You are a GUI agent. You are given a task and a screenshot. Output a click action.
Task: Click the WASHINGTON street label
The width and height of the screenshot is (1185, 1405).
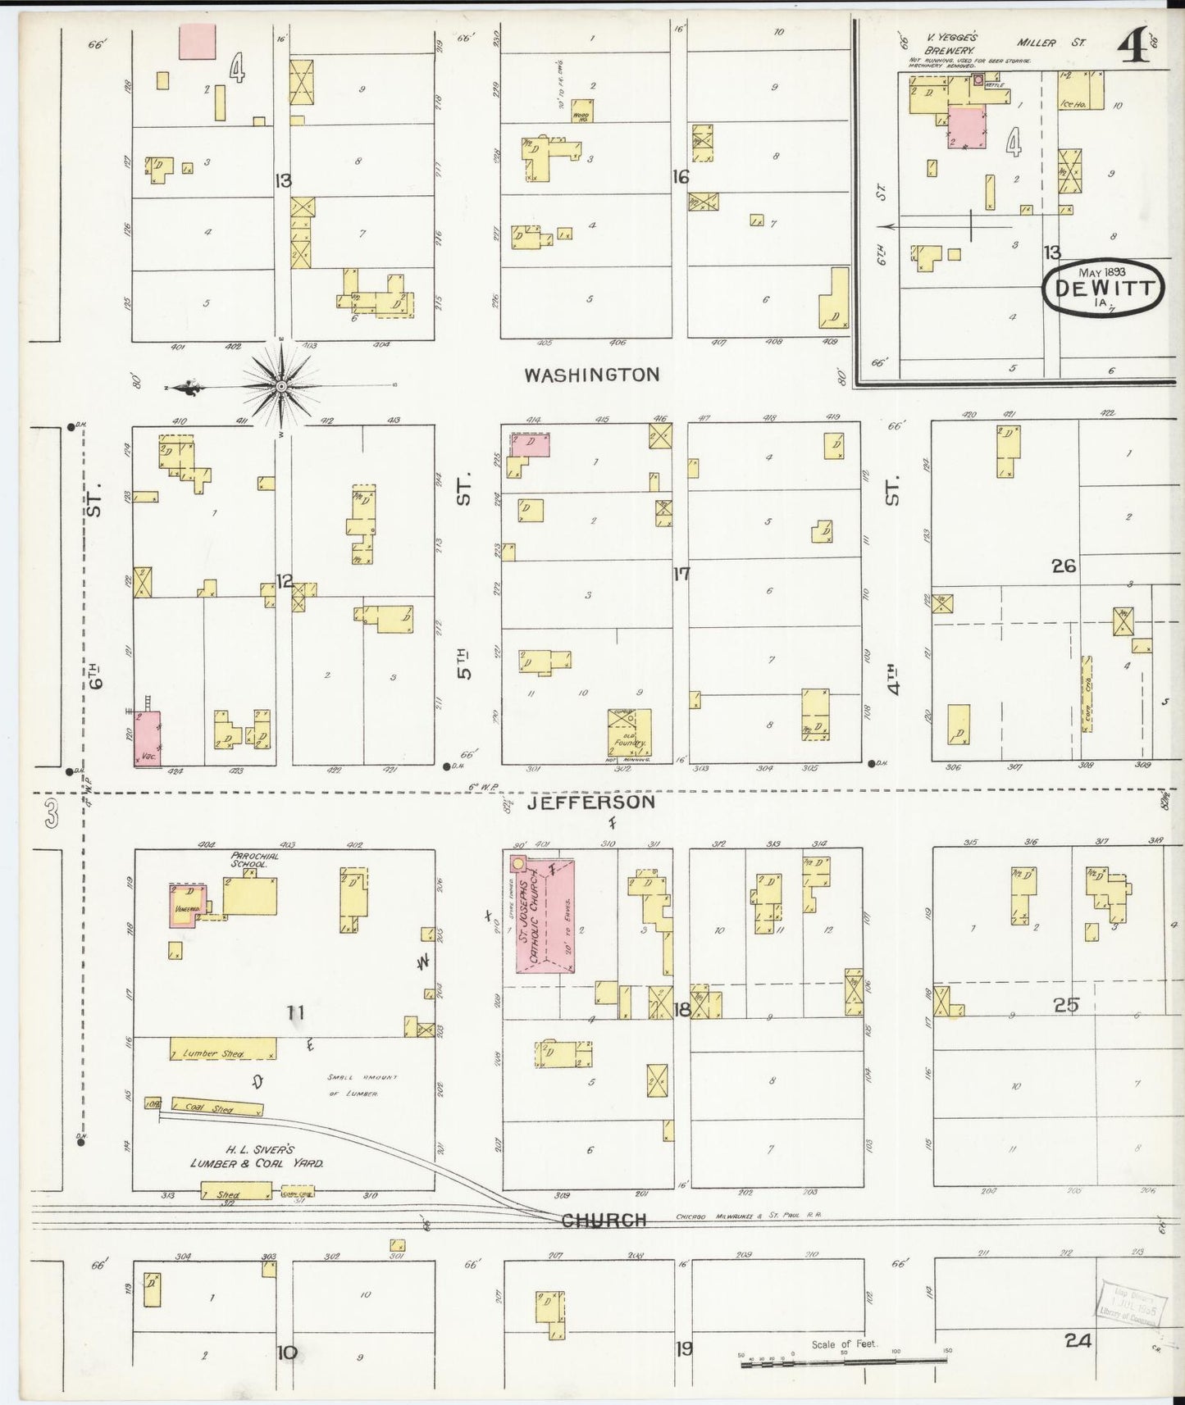591,375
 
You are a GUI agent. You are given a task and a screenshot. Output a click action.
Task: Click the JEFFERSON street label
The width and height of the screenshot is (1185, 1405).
590,802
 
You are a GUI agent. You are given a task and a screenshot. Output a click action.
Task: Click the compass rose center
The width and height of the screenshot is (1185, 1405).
281,385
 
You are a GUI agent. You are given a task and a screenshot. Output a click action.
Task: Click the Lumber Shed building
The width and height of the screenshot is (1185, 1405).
222,1048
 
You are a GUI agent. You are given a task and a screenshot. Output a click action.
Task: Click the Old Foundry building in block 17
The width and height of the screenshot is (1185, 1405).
629,732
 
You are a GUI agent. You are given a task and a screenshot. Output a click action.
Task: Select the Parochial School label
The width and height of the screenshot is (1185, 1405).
254,860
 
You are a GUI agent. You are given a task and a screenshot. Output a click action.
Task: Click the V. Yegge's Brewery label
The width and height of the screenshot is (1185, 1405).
950,43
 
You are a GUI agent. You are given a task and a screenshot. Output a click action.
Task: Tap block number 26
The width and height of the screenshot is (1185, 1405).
1064,566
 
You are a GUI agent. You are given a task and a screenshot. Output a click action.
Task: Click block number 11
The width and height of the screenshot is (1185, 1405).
295,1013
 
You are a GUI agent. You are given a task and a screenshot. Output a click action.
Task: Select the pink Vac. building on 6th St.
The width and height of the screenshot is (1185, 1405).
148,739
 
